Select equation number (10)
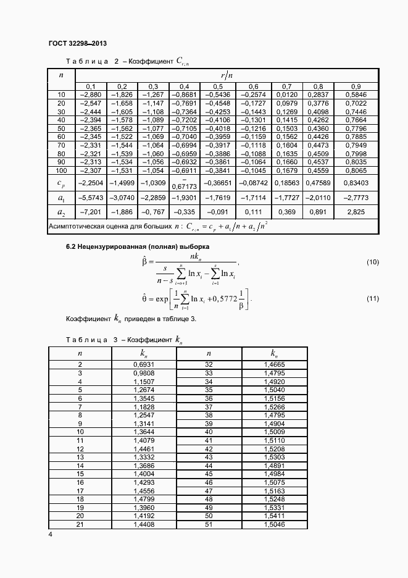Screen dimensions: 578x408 tap(372, 262)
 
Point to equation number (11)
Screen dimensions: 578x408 tap(372, 299)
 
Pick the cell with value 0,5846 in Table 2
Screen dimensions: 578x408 tap(356, 94)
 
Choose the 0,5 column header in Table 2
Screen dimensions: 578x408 tap(217, 86)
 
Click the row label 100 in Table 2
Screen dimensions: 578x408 tap(61, 170)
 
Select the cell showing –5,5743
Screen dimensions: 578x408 tap(91, 197)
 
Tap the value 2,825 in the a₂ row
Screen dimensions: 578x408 tap(356, 212)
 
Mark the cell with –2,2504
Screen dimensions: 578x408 tap(91, 183)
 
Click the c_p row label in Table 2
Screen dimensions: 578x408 tap(61, 183)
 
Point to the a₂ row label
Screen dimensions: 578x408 tap(61, 212)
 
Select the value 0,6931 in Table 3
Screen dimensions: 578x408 tap(143, 365)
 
